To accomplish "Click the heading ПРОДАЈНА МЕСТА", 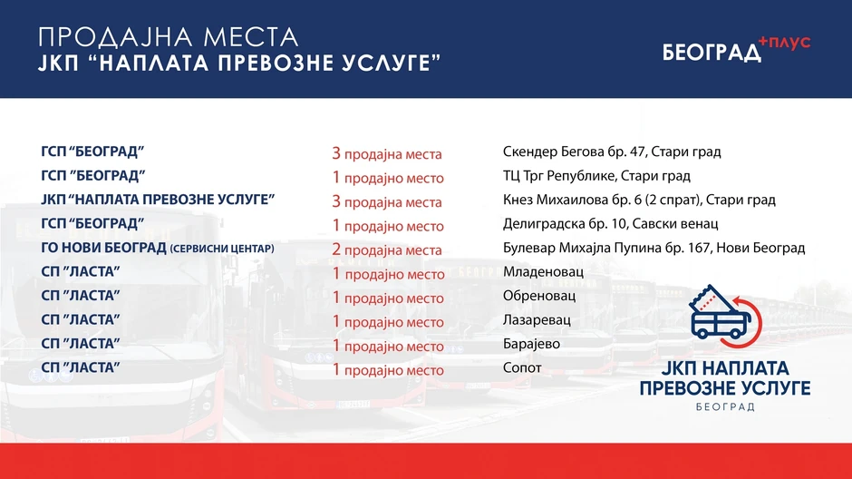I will click(169, 37).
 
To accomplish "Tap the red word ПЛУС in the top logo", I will click(785, 43).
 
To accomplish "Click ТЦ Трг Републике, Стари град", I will click(596, 176).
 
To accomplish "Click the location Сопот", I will click(522, 368).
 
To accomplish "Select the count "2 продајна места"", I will click(387, 249).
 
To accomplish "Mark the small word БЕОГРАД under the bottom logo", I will click(723, 408).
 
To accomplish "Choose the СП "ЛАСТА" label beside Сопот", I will click(81, 368).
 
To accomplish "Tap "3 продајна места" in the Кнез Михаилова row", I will click(387, 201).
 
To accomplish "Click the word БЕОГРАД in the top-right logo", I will click(712, 53).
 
